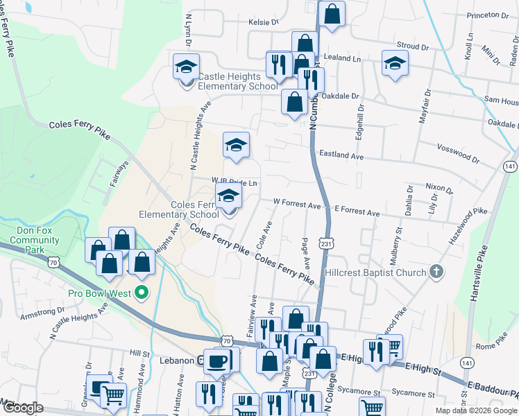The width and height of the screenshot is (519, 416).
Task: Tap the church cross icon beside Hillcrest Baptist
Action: point(436,270)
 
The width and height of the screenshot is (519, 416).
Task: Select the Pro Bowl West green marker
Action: point(142,293)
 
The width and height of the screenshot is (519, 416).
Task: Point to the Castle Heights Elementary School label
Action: point(230,81)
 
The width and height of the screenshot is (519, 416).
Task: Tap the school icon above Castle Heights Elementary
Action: point(186,67)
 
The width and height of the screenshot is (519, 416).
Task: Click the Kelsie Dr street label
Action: point(263,22)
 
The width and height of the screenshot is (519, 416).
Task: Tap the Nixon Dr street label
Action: point(439,188)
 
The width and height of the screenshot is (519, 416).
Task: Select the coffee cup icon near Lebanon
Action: point(219,361)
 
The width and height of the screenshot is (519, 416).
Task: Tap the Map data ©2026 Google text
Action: point(475,410)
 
